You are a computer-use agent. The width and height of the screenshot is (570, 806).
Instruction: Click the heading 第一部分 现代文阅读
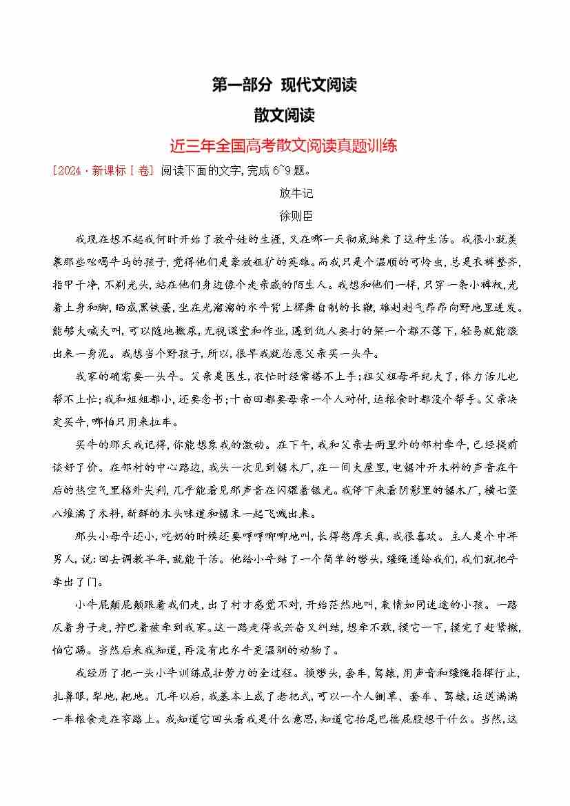(x=284, y=85)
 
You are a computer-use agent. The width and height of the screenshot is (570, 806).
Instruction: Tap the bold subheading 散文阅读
(x=284, y=116)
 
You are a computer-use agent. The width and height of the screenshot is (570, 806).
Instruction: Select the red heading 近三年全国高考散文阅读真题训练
(x=284, y=146)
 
